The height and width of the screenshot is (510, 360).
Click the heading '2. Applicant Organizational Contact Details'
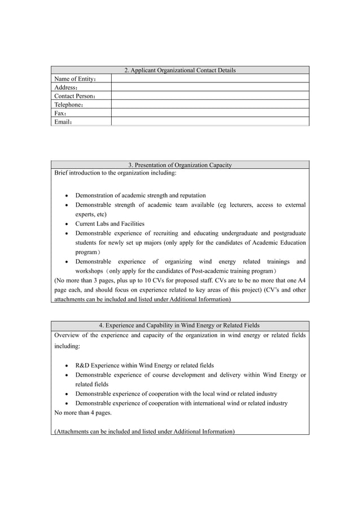click(179, 70)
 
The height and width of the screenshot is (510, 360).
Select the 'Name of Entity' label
click(75, 79)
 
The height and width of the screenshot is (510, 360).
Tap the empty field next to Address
click(210, 88)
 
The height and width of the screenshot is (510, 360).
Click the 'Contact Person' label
click(74, 96)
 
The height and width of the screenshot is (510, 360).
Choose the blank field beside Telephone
click(210, 104)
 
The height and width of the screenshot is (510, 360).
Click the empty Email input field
click(210, 121)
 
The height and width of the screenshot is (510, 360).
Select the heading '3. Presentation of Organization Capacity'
click(179, 165)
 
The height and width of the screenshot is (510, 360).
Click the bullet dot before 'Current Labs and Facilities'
click(67, 224)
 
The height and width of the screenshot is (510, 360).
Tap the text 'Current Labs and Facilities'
click(109, 224)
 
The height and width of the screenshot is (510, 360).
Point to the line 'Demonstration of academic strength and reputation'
click(141, 195)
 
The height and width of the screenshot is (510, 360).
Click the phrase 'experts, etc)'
click(91, 214)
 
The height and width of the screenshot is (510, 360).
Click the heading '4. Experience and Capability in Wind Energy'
click(179, 325)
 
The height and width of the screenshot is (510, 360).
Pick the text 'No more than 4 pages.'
click(82, 412)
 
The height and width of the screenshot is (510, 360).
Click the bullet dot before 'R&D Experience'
click(67, 366)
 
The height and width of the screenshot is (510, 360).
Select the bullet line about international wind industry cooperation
click(181, 403)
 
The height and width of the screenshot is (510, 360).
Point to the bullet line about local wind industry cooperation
click(176, 394)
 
